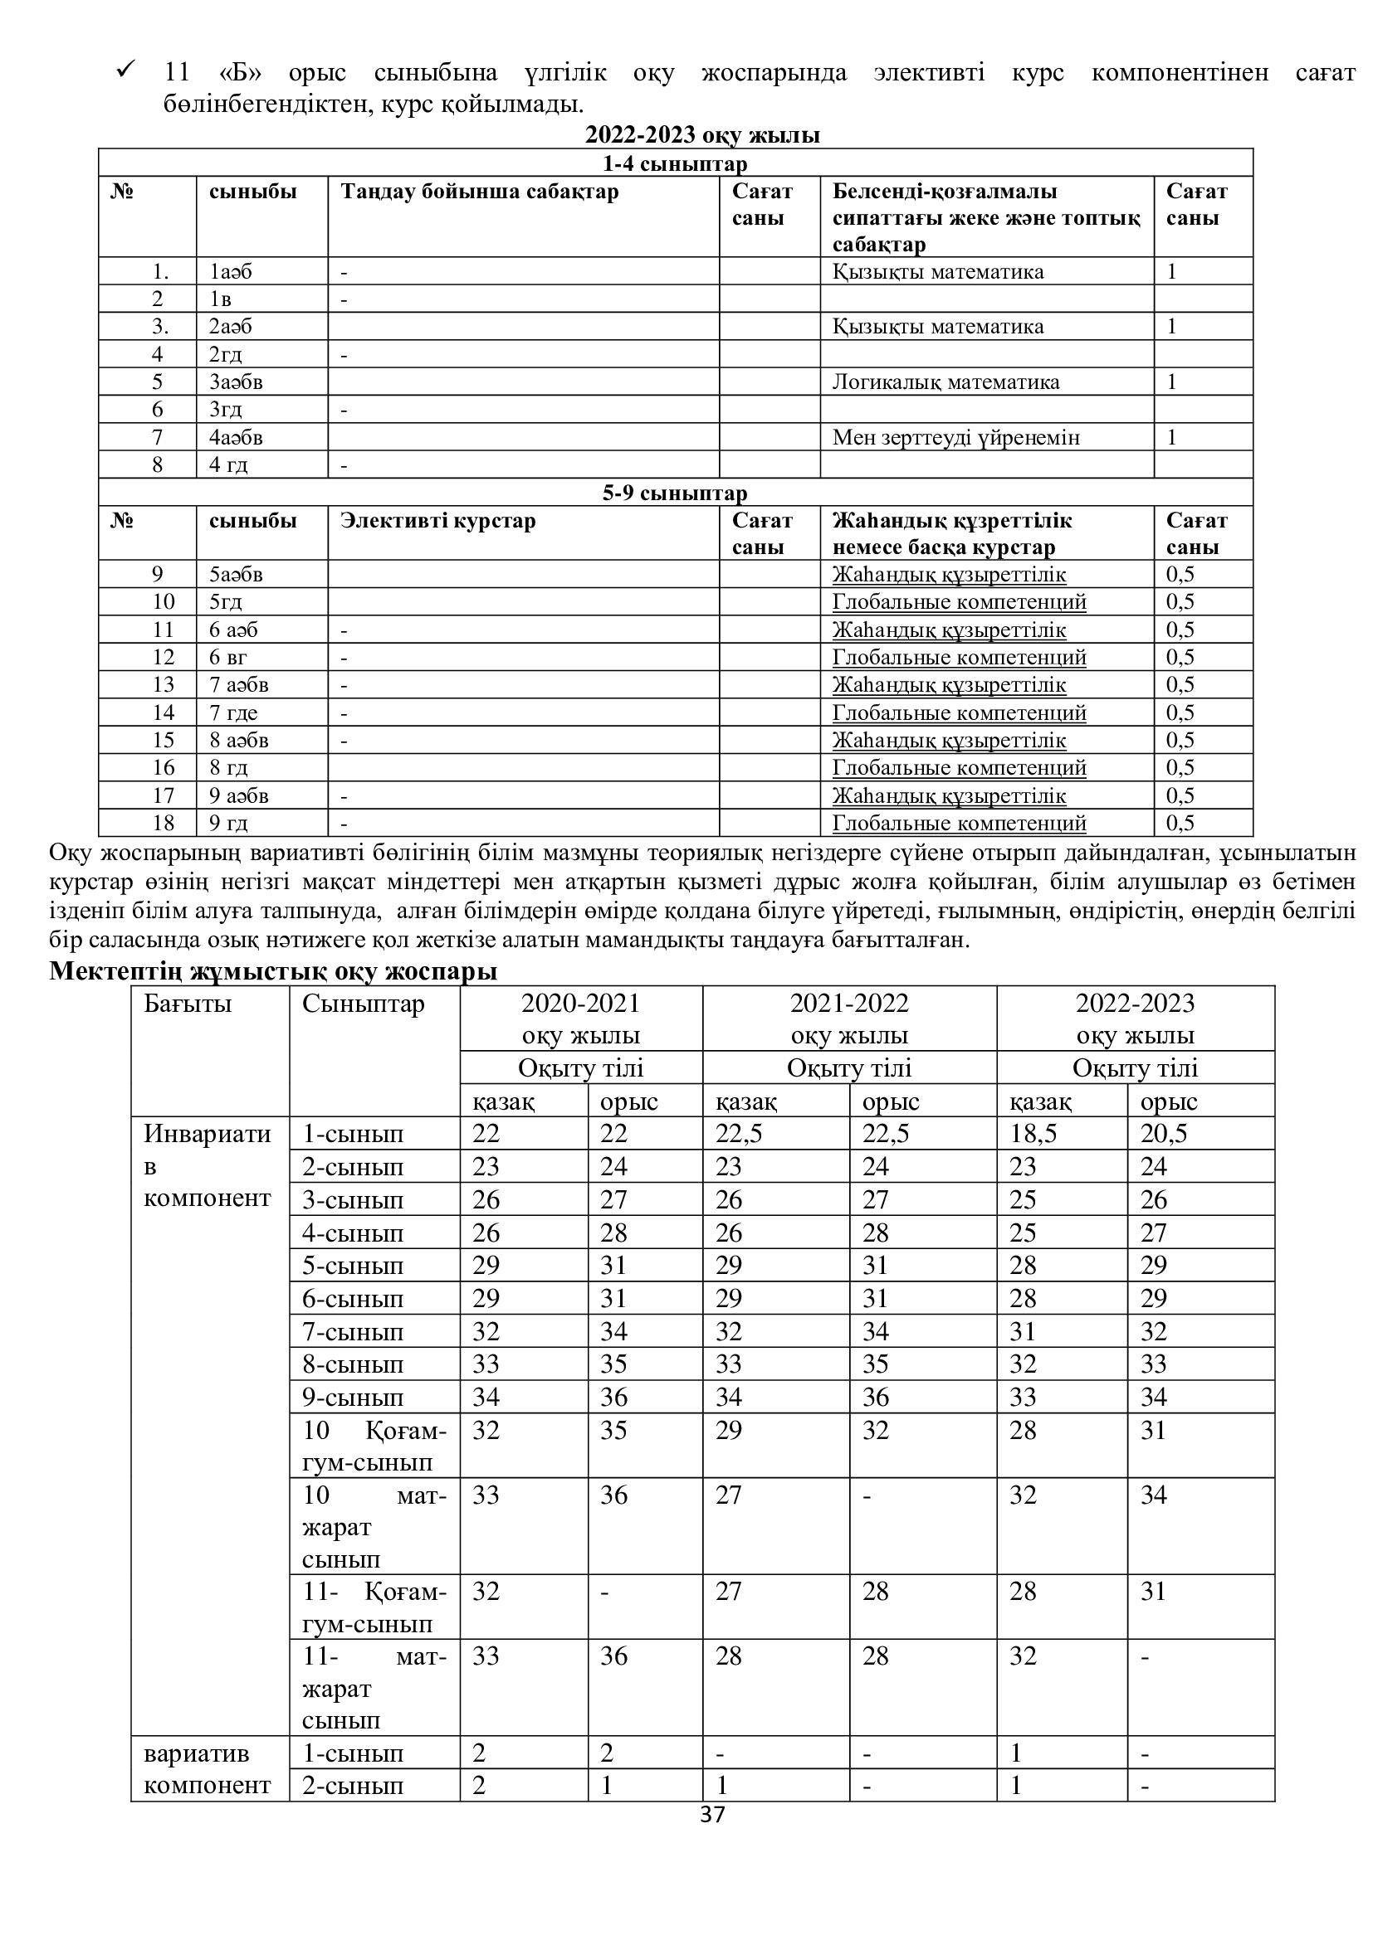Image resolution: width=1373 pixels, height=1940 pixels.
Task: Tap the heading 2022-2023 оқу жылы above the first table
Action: click(701, 135)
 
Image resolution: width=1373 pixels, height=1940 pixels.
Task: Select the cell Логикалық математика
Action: click(945, 382)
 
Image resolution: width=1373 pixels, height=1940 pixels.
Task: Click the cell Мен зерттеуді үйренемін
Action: click(955, 438)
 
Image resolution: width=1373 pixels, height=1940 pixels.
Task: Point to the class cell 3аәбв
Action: click(236, 382)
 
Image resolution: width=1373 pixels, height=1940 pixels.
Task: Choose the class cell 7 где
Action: click(233, 713)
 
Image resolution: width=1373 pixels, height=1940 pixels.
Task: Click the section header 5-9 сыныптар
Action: click(675, 493)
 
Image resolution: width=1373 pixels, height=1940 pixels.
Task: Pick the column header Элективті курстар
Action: click(438, 521)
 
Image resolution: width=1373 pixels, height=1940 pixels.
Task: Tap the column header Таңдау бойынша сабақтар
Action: click(479, 192)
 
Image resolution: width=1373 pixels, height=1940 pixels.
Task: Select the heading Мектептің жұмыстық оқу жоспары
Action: click(273, 972)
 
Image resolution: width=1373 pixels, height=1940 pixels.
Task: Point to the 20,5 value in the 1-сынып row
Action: click(1163, 1134)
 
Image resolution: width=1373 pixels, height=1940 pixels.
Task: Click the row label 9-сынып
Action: click(353, 1398)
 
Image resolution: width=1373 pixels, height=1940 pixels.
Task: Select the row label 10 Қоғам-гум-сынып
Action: click(374, 1446)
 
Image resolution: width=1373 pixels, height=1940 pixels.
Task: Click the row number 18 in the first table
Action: click(164, 823)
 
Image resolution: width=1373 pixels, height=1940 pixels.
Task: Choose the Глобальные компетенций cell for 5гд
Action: click(959, 601)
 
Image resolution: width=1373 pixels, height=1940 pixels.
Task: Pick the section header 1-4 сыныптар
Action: click(675, 163)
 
